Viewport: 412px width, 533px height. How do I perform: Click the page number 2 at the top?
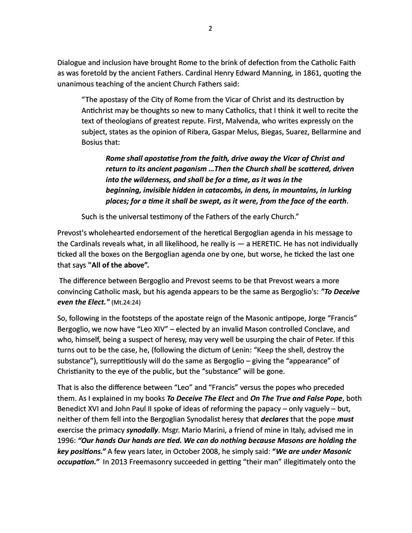click(x=210, y=28)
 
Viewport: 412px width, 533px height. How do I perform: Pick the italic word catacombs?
click(x=218, y=190)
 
